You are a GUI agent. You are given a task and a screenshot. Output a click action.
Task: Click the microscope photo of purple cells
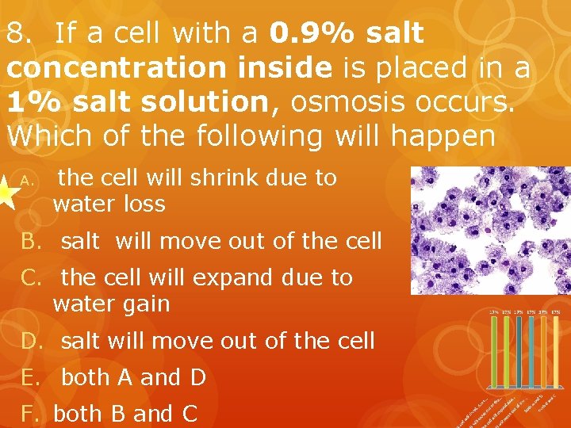[x=490, y=230]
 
